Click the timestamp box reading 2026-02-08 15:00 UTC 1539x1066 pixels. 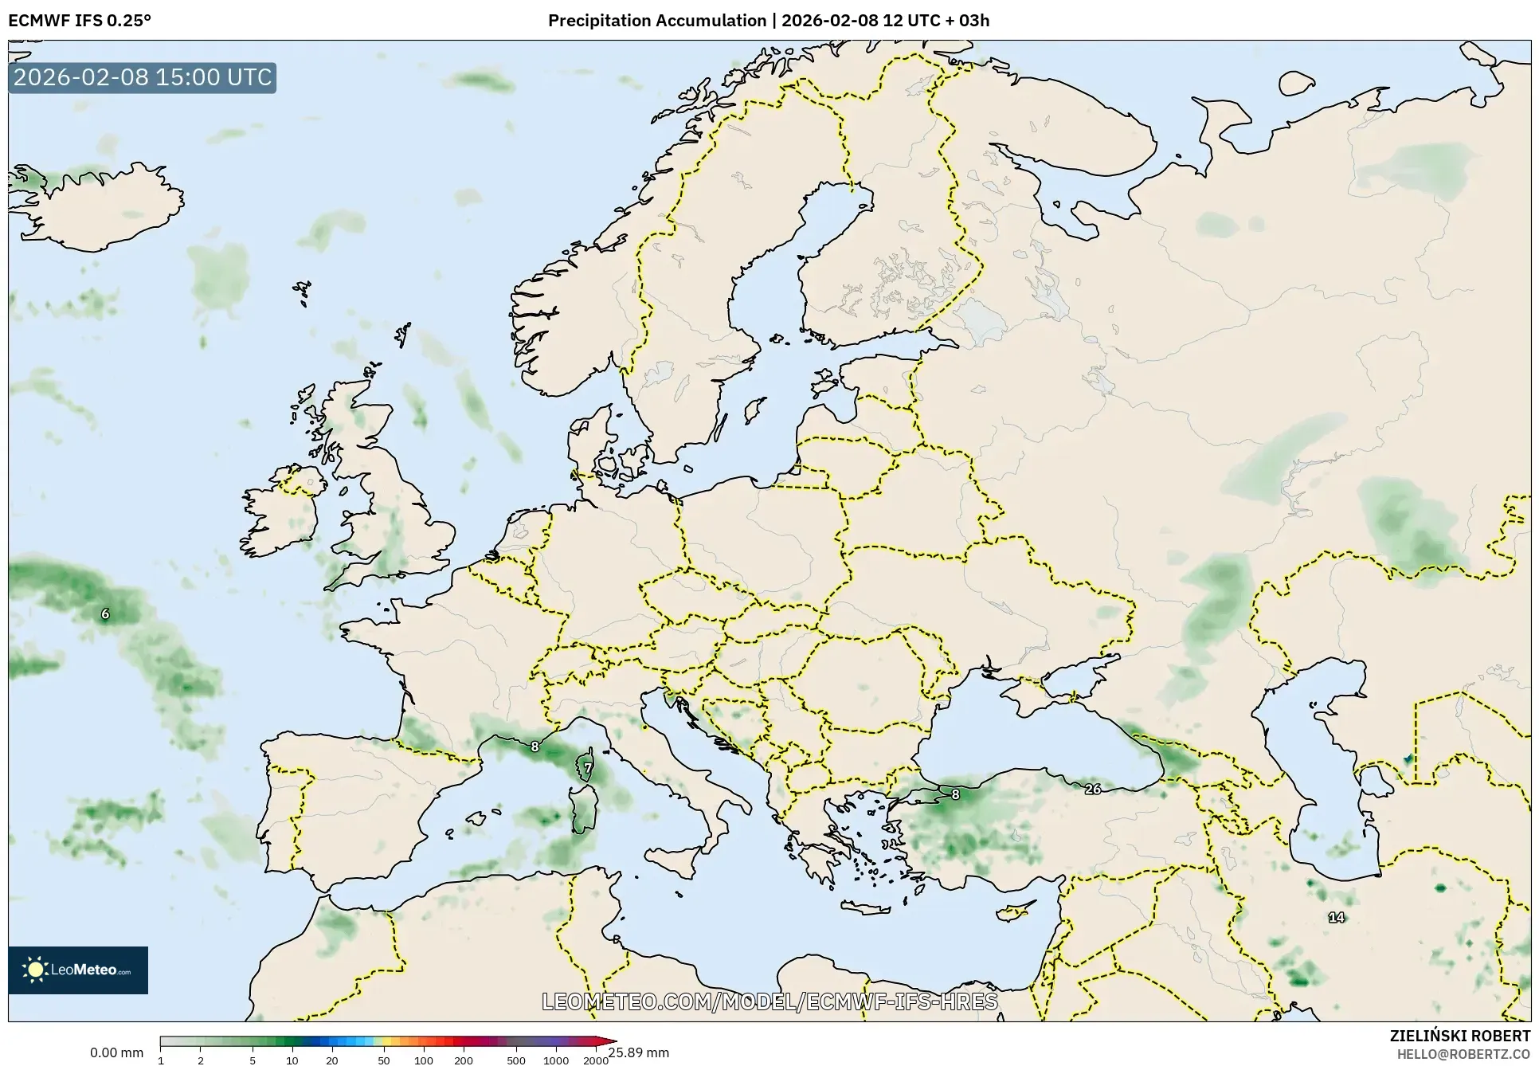(x=143, y=77)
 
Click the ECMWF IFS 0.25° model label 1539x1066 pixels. (x=79, y=21)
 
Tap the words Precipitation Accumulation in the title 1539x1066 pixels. (x=656, y=21)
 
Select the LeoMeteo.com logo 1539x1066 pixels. (x=78, y=970)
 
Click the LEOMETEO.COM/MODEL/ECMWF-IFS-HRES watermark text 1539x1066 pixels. (x=769, y=1001)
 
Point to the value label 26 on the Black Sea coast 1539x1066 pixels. (x=1093, y=789)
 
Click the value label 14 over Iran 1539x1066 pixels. (x=1336, y=917)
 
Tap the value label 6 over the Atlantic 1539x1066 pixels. (x=105, y=613)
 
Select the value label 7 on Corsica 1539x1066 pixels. (x=588, y=768)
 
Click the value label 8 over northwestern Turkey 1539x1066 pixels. (x=955, y=794)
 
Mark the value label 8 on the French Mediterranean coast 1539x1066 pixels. (x=535, y=747)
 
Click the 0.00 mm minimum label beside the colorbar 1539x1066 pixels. (x=116, y=1052)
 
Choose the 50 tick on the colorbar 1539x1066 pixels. (x=384, y=1060)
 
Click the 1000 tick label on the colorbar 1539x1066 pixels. (x=556, y=1060)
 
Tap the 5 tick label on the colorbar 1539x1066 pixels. (x=253, y=1060)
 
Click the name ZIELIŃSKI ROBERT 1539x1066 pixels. (x=1459, y=1036)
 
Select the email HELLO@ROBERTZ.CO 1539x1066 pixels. (x=1463, y=1054)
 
